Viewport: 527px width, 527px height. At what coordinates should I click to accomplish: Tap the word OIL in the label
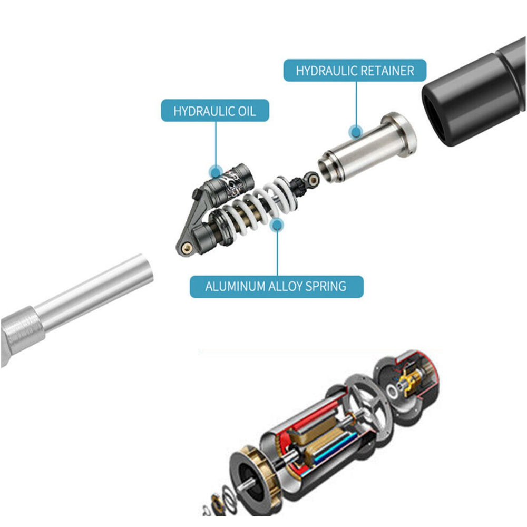[247, 111]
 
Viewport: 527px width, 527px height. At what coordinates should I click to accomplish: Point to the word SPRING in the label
[326, 286]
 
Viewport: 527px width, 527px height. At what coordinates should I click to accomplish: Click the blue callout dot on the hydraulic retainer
[356, 131]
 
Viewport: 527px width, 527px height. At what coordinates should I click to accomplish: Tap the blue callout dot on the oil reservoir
[216, 172]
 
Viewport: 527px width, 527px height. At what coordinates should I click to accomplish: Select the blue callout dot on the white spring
[277, 225]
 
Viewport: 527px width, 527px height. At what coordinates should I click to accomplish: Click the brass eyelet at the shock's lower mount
[187, 248]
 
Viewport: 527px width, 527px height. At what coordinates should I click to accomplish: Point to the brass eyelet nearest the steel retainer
[313, 180]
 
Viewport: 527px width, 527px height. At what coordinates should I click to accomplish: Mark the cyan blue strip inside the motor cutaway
[333, 448]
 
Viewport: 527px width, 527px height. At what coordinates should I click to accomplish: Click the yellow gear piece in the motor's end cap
[412, 380]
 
